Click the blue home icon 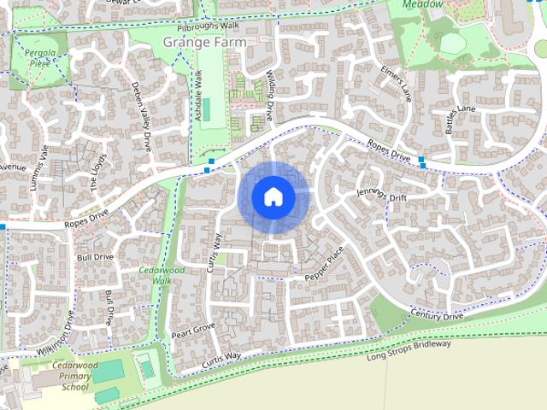pos(273,196)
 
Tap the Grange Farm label pos(204,41)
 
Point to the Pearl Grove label pos(193,330)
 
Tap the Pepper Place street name pos(324,265)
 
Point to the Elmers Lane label pos(397,84)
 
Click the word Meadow pos(424,4)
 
